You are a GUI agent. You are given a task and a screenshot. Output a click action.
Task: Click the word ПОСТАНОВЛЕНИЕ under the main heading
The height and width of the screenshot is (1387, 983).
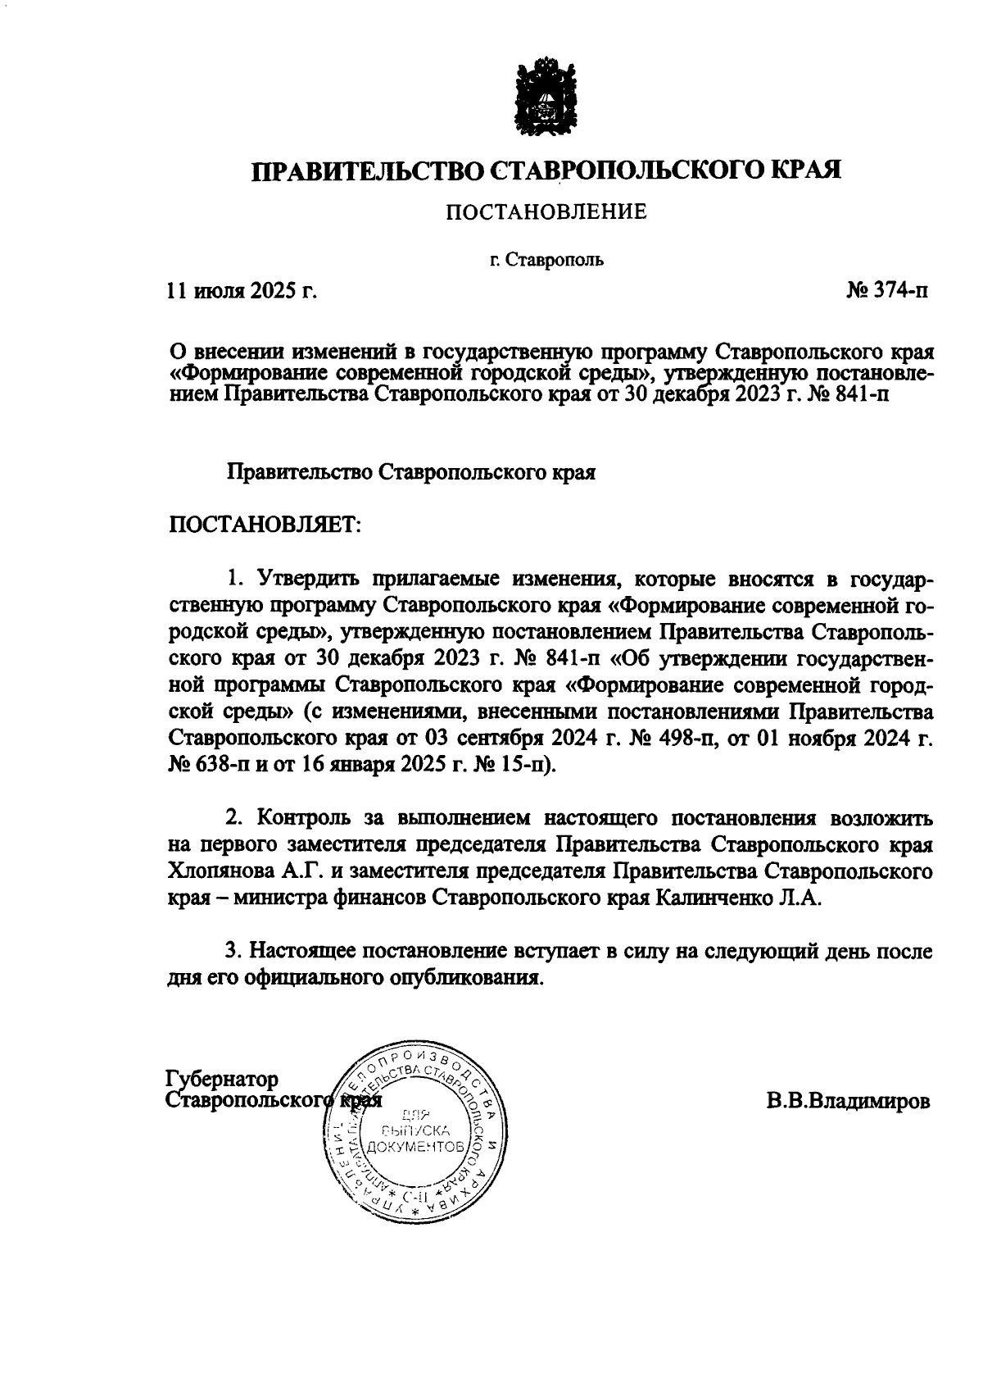tap(546, 212)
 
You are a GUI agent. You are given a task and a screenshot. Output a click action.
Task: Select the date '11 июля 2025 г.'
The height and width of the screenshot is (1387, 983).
tap(241, 290)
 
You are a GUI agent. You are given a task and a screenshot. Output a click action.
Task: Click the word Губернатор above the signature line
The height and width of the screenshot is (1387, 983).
tap(222, 1079)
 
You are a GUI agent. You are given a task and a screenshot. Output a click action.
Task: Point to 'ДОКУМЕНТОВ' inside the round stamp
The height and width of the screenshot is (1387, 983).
tap(417, 1145)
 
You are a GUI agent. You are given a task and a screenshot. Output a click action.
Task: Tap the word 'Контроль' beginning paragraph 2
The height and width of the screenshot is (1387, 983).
tap(305, 817)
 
